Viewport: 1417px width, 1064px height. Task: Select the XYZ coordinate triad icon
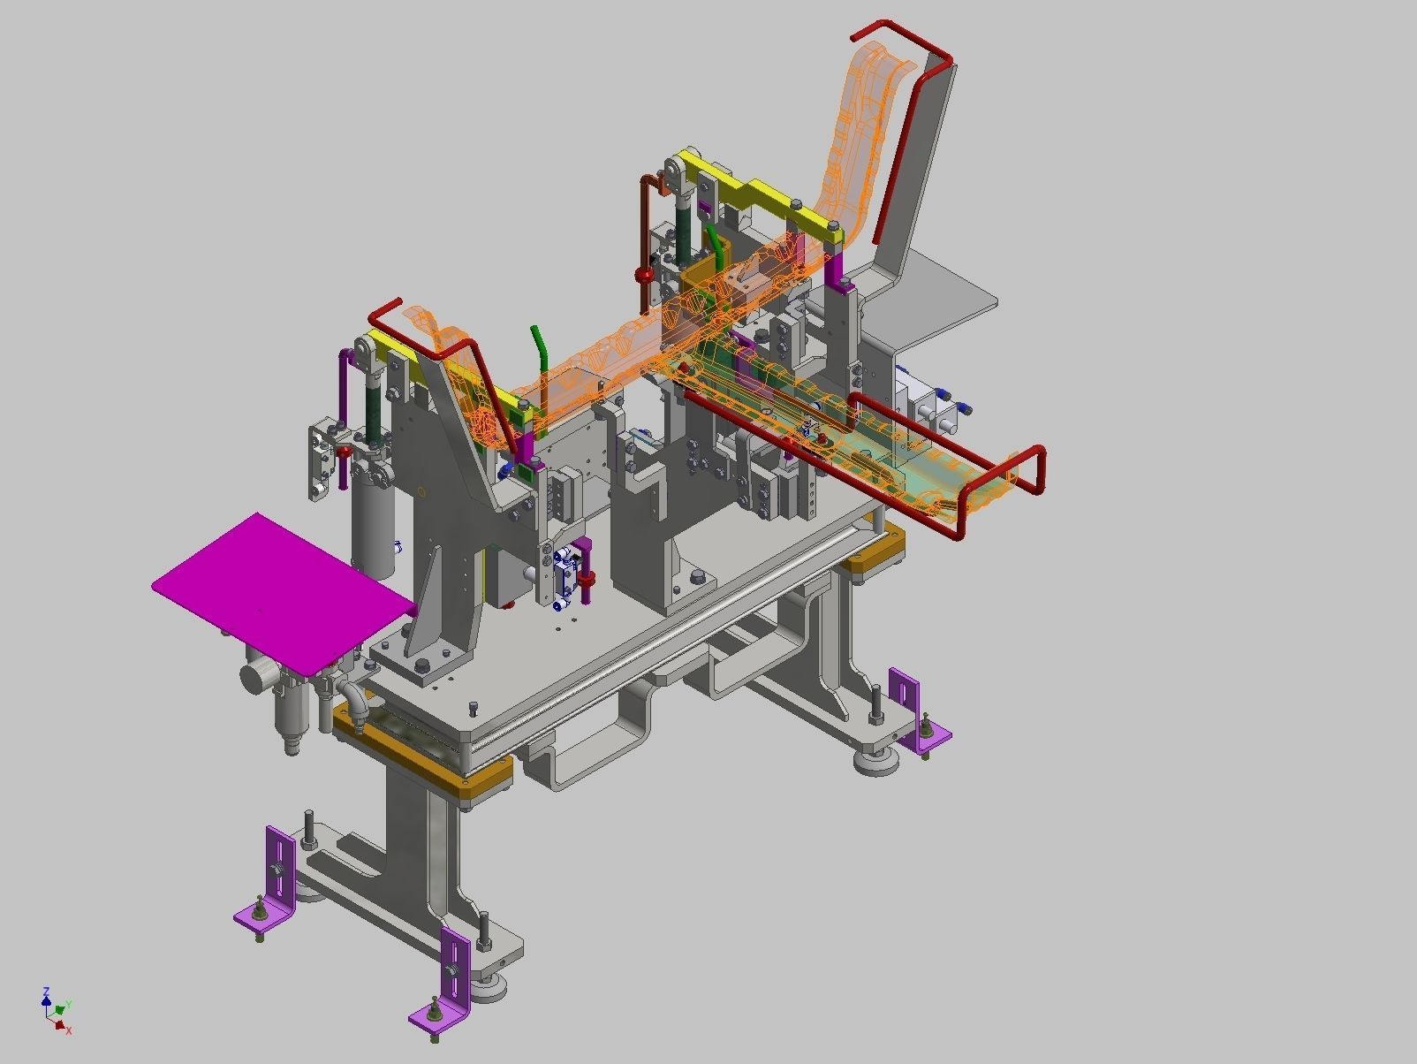[x=55, y=1010]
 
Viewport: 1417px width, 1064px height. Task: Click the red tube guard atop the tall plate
[x=910, y=124]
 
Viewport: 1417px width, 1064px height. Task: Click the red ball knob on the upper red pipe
[x=645, y=276]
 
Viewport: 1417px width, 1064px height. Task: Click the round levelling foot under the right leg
[x=876, y=762]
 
